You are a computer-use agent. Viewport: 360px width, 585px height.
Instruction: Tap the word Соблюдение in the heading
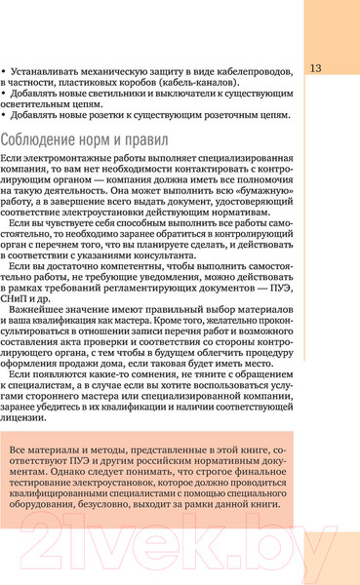point(43,138)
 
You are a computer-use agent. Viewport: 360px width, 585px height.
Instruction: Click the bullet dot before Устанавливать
point(4,71)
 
